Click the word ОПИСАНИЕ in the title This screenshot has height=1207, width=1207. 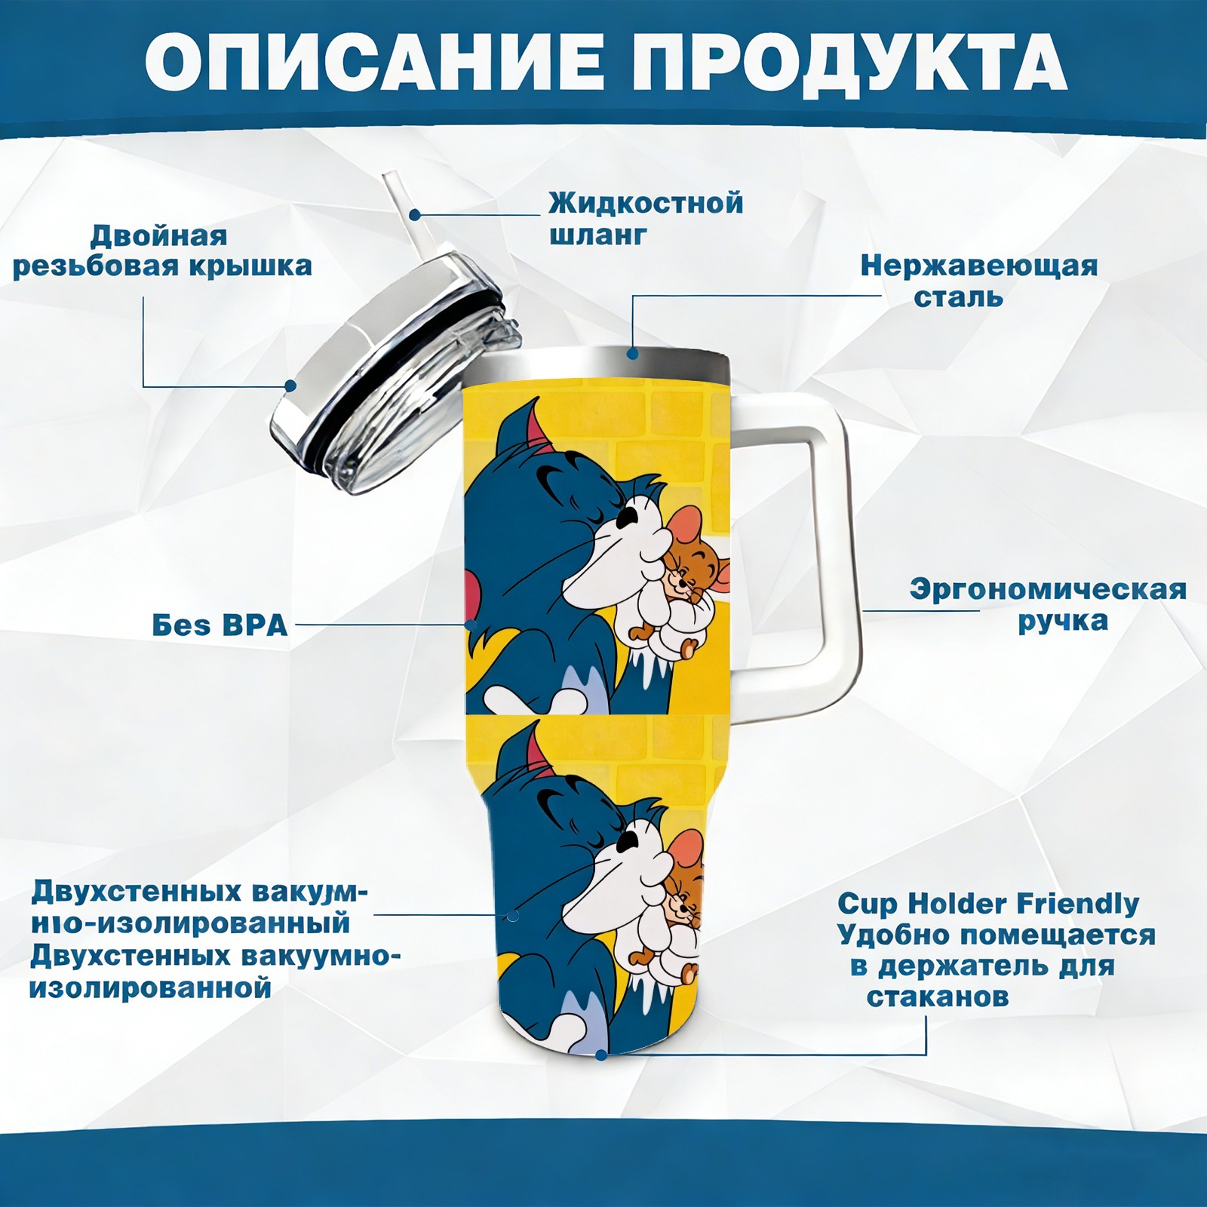pos(373,60)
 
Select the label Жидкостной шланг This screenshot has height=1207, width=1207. pos(646,219)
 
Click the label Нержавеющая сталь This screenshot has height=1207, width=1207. pos(979,281)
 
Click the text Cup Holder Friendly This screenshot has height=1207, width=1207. pos(988,903)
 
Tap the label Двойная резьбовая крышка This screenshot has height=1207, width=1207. pos(162,250)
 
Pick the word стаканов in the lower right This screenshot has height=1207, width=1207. pos(938,997)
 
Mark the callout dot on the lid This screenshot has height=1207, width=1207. pos(290,385)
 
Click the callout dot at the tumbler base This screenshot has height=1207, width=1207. pos(600,1054)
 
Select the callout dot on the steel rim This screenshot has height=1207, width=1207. pos(632,352)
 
